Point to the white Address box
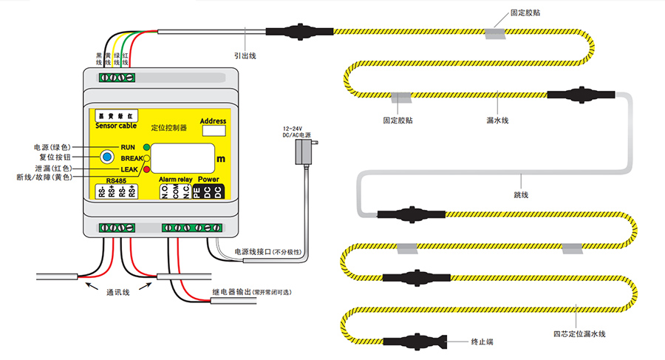pos(214,132)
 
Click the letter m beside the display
pos(220,159)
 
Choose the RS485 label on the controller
pos(116,180)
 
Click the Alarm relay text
pos(175,180)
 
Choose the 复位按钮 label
pos(57,157)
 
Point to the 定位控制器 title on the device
pos(168,128)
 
